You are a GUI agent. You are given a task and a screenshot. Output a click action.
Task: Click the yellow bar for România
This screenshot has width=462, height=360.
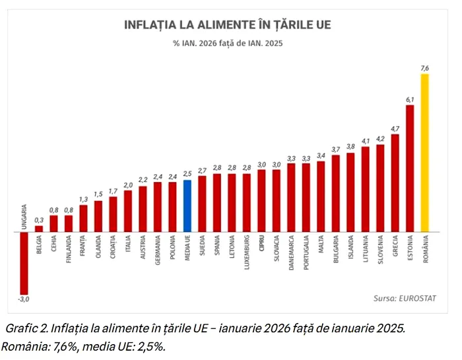coord(424,153)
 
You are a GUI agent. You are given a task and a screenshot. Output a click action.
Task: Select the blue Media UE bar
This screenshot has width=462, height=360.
coord(187,206)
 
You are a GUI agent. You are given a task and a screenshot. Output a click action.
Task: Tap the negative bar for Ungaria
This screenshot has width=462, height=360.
coord(24,263)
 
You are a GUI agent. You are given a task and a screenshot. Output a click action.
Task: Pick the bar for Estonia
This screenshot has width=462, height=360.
coord(409,169)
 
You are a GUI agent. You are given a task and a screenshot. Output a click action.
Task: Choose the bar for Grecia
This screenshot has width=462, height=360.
coord(395,183)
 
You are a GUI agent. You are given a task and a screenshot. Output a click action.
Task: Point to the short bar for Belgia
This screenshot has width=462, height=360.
coord(39,229)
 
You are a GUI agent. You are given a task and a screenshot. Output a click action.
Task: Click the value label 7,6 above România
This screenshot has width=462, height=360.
coord(424,68)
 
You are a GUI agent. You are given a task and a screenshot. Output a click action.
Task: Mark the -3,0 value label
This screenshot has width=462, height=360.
coord(24,300)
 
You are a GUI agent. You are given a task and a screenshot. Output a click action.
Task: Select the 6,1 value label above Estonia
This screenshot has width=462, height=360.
coord(409,100)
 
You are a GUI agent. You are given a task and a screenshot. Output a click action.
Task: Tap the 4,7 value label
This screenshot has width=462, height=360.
coord(395,129)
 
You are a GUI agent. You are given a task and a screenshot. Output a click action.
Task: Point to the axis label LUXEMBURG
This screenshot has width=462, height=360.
coord(247,255)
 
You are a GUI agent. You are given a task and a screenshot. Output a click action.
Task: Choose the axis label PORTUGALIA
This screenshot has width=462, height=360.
coord(306,256)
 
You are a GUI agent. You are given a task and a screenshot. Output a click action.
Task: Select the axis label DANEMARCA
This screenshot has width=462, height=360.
coord(291,256)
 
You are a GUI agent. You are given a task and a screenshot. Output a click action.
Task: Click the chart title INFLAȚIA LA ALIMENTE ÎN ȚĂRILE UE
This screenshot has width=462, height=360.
coord(228,26)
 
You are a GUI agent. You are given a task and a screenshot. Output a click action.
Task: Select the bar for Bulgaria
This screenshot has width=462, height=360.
coord(335,194)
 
